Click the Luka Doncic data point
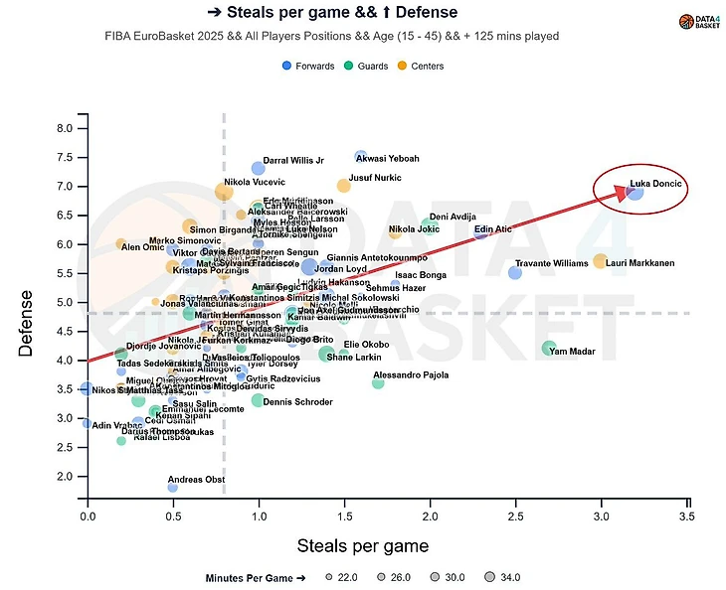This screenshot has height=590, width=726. coord(635,191)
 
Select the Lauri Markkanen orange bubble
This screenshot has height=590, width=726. coord(600,261)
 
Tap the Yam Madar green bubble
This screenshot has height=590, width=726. coord(549,348)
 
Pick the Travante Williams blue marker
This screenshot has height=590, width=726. coord(515,272)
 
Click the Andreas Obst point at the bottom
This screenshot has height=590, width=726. coord(173,487)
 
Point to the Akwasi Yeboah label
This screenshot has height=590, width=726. coord(388,159)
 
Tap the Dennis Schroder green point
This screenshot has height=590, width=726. coord(258,400)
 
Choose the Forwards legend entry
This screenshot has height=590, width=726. coord(309,66)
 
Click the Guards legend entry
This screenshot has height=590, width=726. coord(373,66)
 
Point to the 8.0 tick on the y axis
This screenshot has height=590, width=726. coord(65,128)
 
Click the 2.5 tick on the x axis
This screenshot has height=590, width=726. coord(515,517)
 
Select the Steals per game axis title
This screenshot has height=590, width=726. coord(363,545)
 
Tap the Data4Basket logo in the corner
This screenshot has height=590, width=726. coord(700,21)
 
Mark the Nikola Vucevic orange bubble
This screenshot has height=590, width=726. coord(224,191)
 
